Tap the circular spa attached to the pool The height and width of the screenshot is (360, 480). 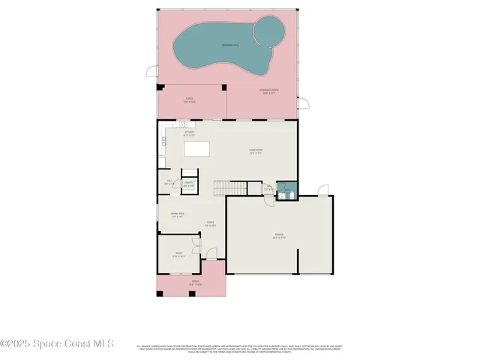(x=270, y=31)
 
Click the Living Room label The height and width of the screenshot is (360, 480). (x=256, y=151)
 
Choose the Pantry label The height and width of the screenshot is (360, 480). (x=189, y=184)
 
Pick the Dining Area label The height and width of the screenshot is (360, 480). (x=178, y=216)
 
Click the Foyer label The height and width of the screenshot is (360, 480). (x=211, y=223)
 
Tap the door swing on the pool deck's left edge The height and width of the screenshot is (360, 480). (x=152, y=72)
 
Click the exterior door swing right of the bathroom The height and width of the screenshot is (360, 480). (x=322, y=190)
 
